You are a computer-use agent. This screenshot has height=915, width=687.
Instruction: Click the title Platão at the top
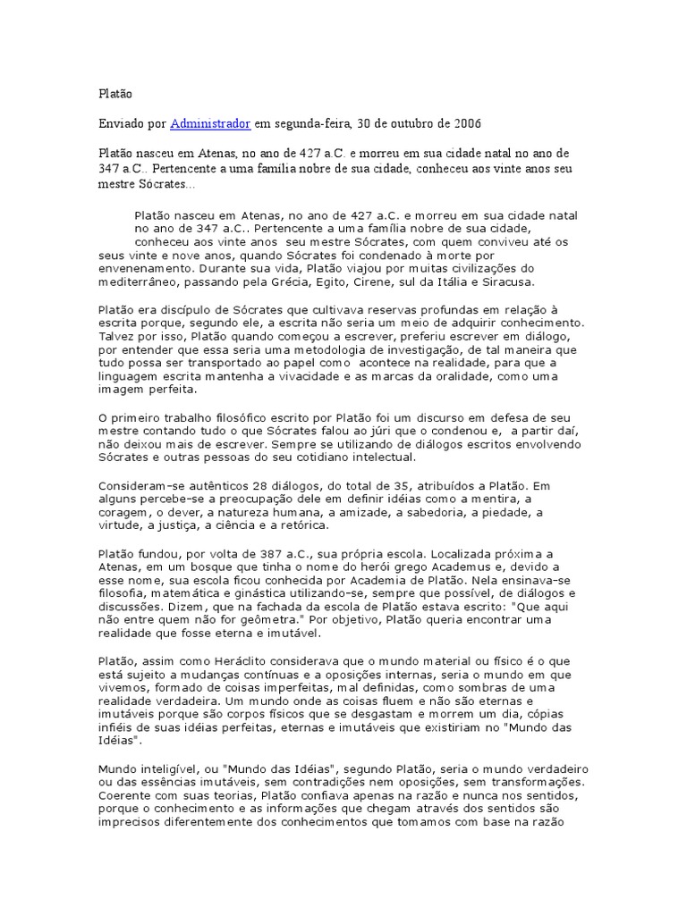click(x=114, y=92)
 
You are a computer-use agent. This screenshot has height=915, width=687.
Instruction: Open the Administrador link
click(x=210, y=122)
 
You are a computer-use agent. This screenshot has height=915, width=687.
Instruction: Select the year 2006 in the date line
click(x=467, y=122)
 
